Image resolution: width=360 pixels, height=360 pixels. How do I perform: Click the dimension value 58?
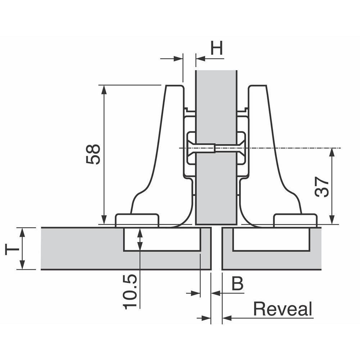pyautogui.click(x=93, y=154)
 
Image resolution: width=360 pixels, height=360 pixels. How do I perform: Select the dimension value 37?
pyautogui.click(x=322, y=186)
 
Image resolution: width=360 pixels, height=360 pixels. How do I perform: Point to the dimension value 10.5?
pyautogui.click(x=130, y=292)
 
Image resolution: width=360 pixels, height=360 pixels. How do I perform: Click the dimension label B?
pyautogui.click(x=237, y=284)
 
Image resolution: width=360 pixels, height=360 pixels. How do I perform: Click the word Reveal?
pyautogui.click(x=283, y=309)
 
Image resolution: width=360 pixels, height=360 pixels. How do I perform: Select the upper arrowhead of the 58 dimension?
pyautogui.click(x=104, y=89)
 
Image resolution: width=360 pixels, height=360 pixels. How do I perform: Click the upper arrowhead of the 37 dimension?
pyautogui.click(x=332, y=152)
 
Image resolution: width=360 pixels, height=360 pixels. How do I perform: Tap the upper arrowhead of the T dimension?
pyautogui.click(x=22, y=232)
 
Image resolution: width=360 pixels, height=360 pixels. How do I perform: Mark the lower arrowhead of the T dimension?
pyautogui.click(x=22, y=265)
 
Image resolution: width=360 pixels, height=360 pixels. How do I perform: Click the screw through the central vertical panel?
pyautogui.click(x=203, y=148)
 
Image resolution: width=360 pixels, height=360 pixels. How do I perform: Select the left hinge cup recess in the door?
pyautogui.click(x=162, y=239)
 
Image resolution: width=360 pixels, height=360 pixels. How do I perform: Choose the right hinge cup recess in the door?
pyautogui.click(x=271, y=239)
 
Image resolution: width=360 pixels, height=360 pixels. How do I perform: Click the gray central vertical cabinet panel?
pyautogui.click(x=216, y=108)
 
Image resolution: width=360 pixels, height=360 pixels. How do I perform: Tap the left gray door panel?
pyautogui.click(x=79, y=248)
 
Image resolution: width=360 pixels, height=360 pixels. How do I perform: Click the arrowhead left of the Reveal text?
pyautogui.click(x=227, y=318)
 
